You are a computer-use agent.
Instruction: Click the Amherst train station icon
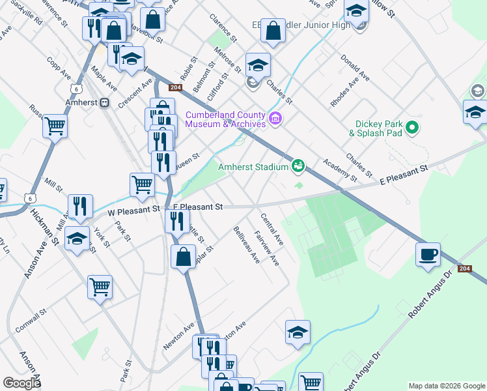coord(105,103)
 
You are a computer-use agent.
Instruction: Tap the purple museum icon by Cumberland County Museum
coord(275,119)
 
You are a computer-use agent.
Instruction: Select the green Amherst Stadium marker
coord(298,167)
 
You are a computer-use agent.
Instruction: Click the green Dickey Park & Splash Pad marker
coord(411,128)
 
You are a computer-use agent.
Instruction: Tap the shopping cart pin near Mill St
coord(142,184)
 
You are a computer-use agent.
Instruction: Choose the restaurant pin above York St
coord(80,205)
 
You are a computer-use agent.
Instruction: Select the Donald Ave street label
coord(355,67)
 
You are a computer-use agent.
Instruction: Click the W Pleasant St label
coord(133,210)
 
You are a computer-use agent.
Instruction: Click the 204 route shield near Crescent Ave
coord(174,87)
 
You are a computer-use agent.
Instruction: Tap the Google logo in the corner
coord(21,383)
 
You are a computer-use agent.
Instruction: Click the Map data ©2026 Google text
coord(446,386)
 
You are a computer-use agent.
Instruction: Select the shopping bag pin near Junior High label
coord(274,30)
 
